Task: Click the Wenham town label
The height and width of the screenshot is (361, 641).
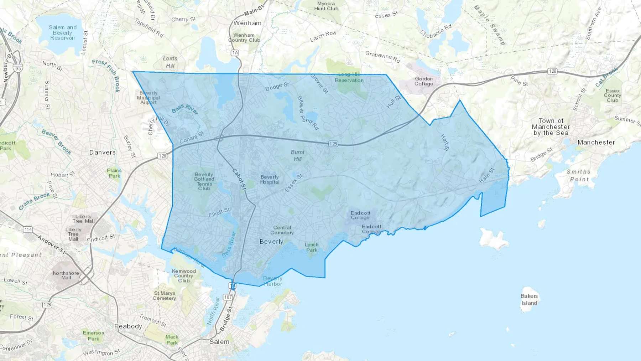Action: [x=247, y=23]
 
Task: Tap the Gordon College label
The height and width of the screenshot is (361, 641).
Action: [x=423, y=81]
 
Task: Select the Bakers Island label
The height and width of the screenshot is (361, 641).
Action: [x=529, y=299]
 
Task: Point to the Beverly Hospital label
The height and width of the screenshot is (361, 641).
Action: [x=270, y=179]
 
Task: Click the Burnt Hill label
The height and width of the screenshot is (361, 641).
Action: [x=297, y=155]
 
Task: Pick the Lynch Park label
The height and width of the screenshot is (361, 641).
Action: [x=312, y=247]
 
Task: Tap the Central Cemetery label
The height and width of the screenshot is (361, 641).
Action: [x=282, y=230]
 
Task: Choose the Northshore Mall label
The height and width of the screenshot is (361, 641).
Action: [x=66, y=275]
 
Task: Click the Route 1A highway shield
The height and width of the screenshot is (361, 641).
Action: [x=235, y=53]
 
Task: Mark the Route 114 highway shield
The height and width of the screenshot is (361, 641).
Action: [x=28, y=230]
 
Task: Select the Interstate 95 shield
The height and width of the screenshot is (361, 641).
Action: [x=18, y=68]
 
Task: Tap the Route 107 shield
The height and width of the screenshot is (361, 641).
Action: [x=228, y=297]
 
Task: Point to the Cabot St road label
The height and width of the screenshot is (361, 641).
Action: [x=239, y=179]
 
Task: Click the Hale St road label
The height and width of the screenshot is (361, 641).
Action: [x=486, y=175]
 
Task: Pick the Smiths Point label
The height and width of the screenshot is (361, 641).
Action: [x=579, y=175]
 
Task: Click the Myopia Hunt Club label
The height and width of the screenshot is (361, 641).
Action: [x=326, y=6]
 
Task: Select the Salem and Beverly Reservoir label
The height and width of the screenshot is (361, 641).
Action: [x=63, y=32]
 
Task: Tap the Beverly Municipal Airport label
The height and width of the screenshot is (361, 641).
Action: [x=148, y=98]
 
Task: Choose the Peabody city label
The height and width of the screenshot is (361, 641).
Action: [x=128, y=326]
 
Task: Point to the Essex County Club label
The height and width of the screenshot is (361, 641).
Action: [x=613, y=96]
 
